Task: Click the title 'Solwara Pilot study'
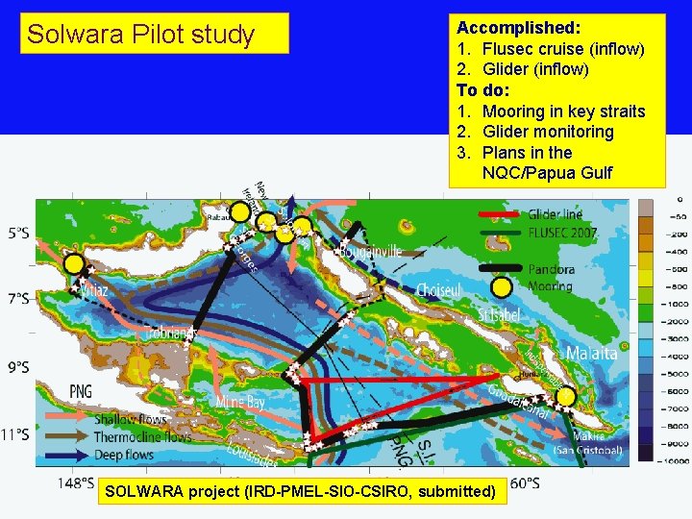coord(140,35)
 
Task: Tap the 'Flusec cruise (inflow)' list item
coord(562,49)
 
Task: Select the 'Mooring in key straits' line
coord(563,111)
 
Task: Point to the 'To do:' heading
coord(481,90)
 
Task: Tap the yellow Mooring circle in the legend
coord(501,286)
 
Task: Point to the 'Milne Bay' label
coord(243,402)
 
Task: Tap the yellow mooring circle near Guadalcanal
coord(566,396)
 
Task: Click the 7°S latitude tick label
coord(18,299)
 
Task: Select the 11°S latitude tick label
coord(16,434)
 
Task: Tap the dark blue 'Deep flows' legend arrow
coord(65,455)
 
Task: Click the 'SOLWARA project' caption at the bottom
coord(300,492)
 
